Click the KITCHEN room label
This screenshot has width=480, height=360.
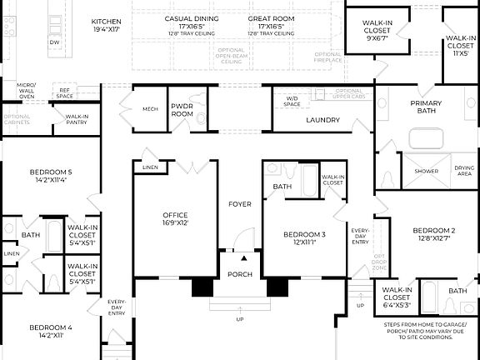coord(106,20)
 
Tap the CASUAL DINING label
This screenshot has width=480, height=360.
coord(192,18)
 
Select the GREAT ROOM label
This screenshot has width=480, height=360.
coord(271,18)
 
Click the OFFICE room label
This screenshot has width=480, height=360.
coord(175,216)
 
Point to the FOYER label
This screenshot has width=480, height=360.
coord(240,204)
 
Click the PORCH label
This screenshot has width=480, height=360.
coord(240,274)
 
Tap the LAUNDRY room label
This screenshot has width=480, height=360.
coord(322,120)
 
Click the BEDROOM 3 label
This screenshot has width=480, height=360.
coord(304,234)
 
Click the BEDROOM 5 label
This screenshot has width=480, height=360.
coord(51,172)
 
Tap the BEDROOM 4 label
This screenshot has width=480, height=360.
coord(51,327)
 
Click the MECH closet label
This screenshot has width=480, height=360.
coord(150,108)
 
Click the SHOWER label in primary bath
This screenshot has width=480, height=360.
coord(427,170)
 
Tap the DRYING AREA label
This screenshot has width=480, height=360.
coord(464,170)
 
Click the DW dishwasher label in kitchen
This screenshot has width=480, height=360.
coord(55,41)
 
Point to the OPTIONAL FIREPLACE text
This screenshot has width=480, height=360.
coord(327,57)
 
